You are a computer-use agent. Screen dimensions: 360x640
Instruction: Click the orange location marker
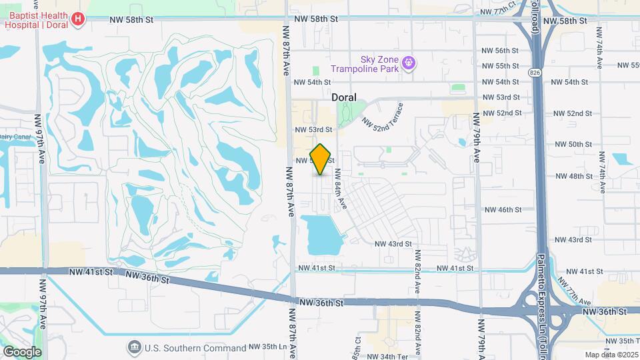click(321, 159)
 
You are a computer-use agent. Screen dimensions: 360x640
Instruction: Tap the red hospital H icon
click(78, 19)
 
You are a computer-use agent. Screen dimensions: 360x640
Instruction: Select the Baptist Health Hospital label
click(36, 19)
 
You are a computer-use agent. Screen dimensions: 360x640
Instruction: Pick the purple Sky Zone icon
click(409, 63)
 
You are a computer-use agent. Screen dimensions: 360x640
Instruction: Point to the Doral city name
click(344, 97)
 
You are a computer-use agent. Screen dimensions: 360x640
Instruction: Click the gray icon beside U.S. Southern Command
click(135, 347)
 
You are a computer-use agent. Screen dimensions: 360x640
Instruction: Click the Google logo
click(21, 351)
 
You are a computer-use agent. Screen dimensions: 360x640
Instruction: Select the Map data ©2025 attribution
click(611, 355)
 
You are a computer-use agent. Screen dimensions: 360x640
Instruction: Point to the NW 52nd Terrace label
click(383, 115)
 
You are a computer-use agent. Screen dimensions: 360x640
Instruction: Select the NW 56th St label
click(502, 51)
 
